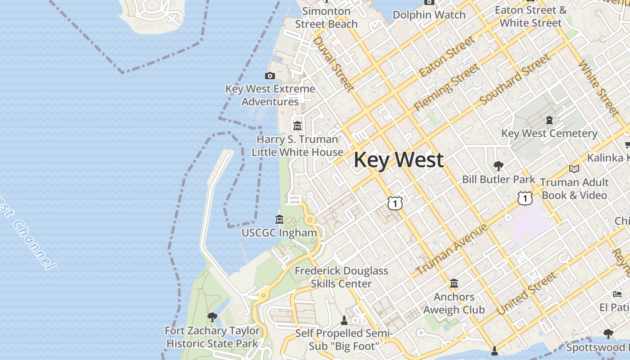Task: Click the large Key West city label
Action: [399, 160]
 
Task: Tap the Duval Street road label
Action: [332, 63]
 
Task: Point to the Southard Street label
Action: [515, 80]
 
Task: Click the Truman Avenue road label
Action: [451, 250]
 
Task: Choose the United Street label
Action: [526, 294]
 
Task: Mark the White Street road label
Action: [598, 87]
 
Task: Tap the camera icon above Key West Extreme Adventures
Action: [270, 76]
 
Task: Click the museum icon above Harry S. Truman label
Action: [297, 126]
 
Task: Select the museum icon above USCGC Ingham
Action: [279, 220]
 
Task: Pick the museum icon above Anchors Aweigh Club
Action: [454, 283]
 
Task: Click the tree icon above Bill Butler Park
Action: [498, 166]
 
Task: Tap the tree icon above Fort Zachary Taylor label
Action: [212, 317]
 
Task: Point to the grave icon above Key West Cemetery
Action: [549, 120]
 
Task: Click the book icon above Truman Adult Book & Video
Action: [574, 169]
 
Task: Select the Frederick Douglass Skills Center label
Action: [341, 277]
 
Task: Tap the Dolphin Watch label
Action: [429, 15]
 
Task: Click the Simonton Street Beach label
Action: [326, 18]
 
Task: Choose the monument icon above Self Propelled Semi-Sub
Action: [344, 320]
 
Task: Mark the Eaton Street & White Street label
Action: [531, 17]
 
